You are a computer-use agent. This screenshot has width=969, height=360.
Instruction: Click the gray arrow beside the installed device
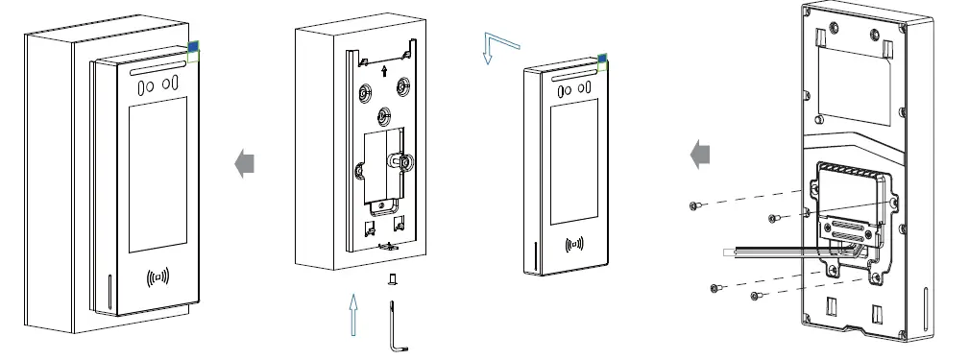pyautogui.click(x=246, y=164)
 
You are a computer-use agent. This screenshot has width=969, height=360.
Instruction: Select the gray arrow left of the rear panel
pyautogui.click(x=702, y=153)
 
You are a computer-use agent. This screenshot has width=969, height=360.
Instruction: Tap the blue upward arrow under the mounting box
pyautogui.click(x=354, y=315)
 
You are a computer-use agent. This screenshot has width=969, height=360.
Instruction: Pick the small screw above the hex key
pyautogui.click(x=391, y=279)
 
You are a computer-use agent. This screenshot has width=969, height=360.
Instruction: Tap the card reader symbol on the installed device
pyautogui.click(x=158, y=279)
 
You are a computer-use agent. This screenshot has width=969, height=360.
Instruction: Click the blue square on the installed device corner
pyautogui.click(x=193, y=46)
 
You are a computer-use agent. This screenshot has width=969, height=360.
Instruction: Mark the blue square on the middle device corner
pyautogui.click(x=602, y=60)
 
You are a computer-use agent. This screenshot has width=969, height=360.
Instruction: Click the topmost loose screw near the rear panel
pyautogui.click(x=694, y=205)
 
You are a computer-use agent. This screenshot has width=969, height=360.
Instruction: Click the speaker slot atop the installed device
pyautogui.click(x=155, y=70)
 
